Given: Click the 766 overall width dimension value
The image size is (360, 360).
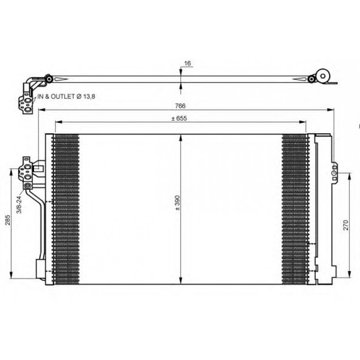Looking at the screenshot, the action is coord(180,106).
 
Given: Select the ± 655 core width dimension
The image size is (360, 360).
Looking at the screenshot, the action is coord(179,118).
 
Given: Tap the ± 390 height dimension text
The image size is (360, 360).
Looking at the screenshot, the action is coord(178,203).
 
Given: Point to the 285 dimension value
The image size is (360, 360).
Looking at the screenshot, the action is coord(8,220).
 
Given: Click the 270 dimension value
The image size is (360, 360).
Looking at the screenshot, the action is coord(346,225).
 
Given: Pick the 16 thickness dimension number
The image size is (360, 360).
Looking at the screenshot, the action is coord(187,63).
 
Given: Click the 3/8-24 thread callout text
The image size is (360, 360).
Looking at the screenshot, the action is coord(19,205).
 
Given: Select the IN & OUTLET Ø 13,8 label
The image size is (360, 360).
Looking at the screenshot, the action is coord(66,97).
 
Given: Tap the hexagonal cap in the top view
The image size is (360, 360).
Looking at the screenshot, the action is coord(323,76).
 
